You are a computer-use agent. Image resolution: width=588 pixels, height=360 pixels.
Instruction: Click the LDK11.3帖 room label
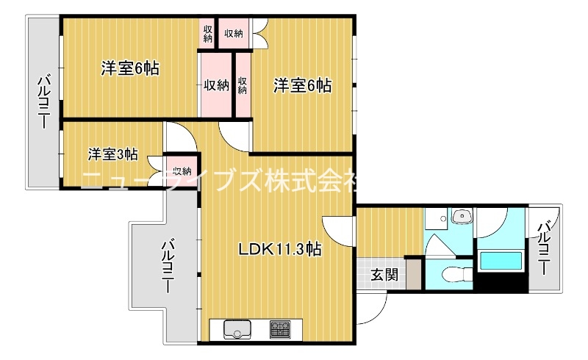[x=280, y=249]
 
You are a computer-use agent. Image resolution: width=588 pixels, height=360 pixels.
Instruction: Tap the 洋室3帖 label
[x=113, y=154]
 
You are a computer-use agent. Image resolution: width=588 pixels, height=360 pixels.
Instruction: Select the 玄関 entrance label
[x=384, y=276]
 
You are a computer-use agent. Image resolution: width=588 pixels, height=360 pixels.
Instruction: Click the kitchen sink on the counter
[x=237, y=329]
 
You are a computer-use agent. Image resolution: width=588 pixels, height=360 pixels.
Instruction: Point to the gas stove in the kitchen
[x=280, y=329]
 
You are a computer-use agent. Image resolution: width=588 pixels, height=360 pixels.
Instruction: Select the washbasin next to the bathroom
[x=463, y=217]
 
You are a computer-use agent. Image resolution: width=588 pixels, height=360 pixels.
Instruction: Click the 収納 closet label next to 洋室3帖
[x=182, y=171]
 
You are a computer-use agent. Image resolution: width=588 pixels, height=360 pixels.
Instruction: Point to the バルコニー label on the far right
[x=545, y=248]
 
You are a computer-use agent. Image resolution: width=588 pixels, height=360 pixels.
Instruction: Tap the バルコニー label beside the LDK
[x=168, y=266]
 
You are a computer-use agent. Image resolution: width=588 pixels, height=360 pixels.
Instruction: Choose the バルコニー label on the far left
[x=44, y=102]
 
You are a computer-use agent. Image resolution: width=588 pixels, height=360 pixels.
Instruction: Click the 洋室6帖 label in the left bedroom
[x=130, y=68]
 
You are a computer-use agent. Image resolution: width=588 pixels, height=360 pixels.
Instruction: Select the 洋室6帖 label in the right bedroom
[x=302, y=85]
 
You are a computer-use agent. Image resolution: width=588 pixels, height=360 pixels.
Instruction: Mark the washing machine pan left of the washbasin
[x=436, y=219]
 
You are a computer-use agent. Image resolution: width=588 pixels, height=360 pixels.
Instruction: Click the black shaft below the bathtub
[x=501, y=282]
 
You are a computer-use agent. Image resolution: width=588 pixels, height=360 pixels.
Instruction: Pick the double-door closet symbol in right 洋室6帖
[x=260, y=33]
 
